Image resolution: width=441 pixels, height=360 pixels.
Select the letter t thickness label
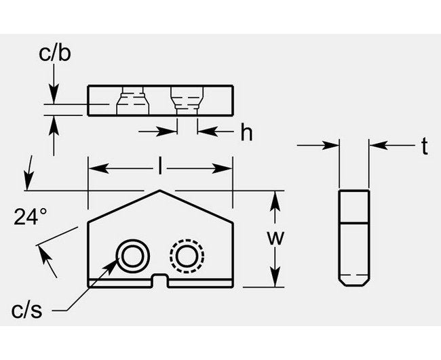click(x=424, y=147)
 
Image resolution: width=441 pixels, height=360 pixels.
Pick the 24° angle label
click(x=31, y=217)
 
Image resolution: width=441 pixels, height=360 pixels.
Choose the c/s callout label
click(x=27, y=311)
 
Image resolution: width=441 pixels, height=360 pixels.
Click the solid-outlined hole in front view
click(x=130, y=256)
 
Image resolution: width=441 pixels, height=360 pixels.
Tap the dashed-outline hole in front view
click(x=185, y=256)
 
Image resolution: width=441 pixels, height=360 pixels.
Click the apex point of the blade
click(x=160, y=191)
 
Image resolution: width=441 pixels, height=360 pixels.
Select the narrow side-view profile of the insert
click(x=354, y=237)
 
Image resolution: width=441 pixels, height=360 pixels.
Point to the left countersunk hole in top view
click(x=132, y=102)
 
